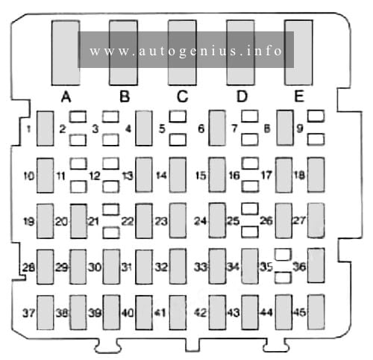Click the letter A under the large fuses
click(x=66, y=96)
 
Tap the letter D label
click(x=242, y=96)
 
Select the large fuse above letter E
click(x=298, y=53)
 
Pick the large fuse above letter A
click(x=66, y=53)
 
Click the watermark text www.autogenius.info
click(x=186, y=51)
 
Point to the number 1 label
click(x=29, y=129)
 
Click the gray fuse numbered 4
click(x=144, y=128)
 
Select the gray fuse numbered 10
click(x=46, y=176)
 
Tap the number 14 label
click(x=161, y=176)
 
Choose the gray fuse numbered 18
click(x=316, y=175)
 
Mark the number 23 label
click(x=161, y=221)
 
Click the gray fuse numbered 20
click(x=78, y=221)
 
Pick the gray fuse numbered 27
click(x=316, y=220)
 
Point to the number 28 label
click(x=28, y=267)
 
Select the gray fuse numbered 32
click(x=178, y=267)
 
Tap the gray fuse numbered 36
click(x=316, y=265)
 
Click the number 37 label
click(x=28, y=313)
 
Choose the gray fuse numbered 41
click(x=178, y=313)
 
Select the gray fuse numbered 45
click(x=316, y=312)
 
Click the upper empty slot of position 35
click(x=283, y=255)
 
